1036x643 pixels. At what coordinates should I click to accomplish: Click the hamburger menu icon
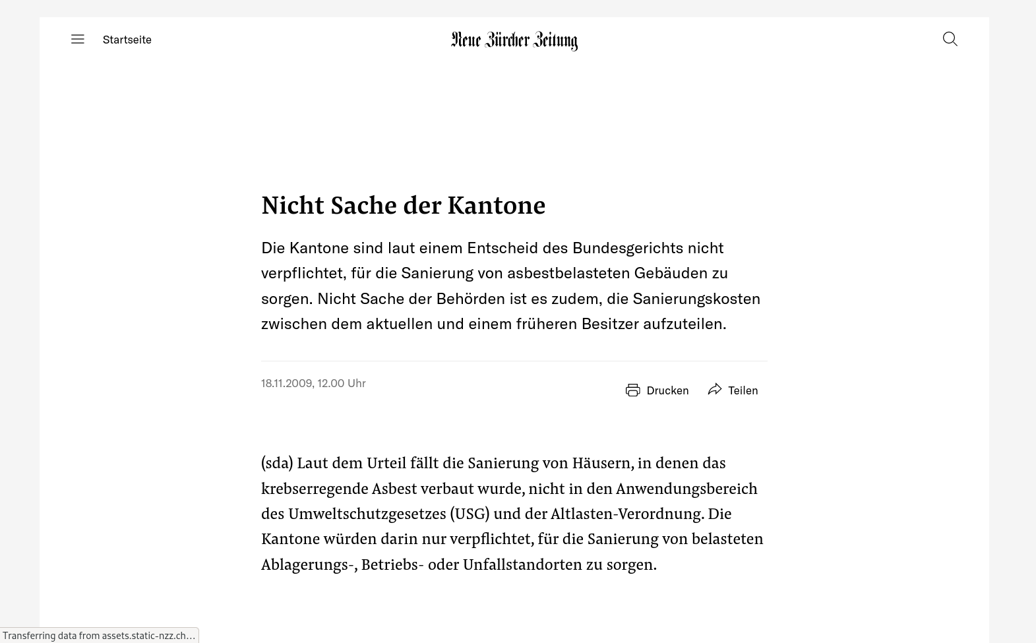point(78,40)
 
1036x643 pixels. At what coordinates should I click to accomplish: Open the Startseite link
point(127,40)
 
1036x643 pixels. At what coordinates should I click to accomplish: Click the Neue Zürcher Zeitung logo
point(514,41)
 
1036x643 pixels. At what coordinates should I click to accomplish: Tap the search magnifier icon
point(950,39)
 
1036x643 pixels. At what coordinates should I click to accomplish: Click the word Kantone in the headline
point(496,205)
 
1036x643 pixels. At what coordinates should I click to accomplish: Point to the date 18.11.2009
point(286,383)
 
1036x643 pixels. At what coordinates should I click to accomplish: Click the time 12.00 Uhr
point(342,383)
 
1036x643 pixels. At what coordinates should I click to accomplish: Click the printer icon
point(632,390)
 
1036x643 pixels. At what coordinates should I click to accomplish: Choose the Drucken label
point(667,390)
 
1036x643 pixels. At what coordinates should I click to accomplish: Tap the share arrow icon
point(714,390)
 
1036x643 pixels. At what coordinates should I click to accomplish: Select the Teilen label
point(743,390)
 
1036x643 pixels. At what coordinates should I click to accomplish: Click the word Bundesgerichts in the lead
point(627,248)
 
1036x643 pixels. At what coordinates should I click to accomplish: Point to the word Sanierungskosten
point(696,299)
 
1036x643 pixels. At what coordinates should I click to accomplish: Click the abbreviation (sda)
point(277,463)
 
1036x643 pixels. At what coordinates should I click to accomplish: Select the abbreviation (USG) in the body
point(470,514)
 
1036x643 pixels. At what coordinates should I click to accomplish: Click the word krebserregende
point(315,489)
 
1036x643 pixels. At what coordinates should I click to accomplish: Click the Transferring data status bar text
point(99,636)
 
